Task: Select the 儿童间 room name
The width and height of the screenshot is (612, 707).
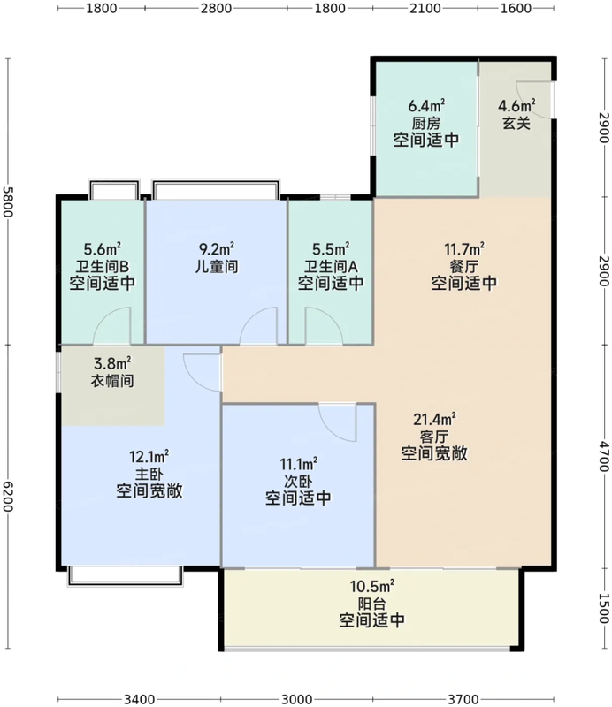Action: (216, 266)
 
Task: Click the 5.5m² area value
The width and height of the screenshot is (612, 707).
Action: (331, 250)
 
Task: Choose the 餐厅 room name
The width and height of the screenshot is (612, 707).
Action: (463, 266)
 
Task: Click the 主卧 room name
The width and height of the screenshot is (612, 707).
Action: (149, 474)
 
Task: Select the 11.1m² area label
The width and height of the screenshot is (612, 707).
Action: (298, 464)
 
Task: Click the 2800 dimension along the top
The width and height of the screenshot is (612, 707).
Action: (216, 10)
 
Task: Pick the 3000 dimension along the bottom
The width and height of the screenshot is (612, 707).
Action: (296, 698)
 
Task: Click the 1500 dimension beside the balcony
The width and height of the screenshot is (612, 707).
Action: (602, 608)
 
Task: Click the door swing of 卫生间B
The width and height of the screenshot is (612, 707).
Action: (115, 327)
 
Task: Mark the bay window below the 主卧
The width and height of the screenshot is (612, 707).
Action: (126, 575)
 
